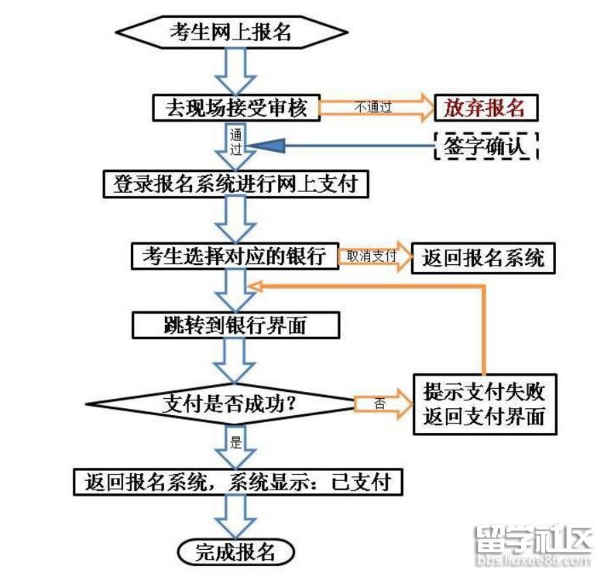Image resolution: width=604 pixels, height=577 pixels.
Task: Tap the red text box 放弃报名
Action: pos(485,108)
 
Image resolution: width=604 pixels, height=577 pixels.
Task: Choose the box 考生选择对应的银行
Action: pos(235,256)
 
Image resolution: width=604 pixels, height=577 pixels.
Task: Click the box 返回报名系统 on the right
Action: pos(483,258)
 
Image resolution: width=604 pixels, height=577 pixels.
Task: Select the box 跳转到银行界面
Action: pos(235,325)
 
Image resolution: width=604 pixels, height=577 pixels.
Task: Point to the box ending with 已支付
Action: pos(239,482)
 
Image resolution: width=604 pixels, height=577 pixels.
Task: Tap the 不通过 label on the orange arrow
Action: pos(373,108)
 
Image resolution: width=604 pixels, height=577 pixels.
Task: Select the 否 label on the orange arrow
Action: pos(379,404)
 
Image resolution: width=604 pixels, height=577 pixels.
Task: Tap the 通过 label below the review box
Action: pos(236,140)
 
